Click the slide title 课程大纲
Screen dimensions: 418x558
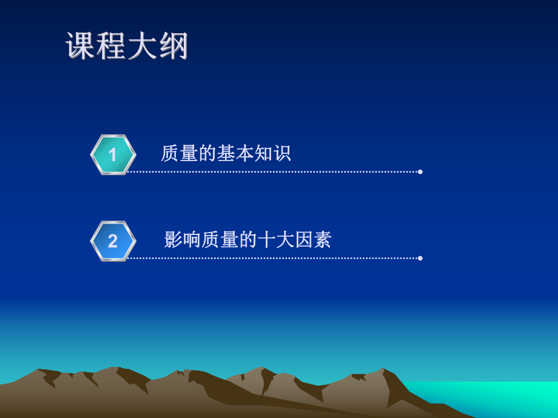127,46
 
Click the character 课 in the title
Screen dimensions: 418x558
81,46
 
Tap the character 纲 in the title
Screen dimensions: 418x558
173,46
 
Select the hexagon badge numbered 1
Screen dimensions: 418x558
113,155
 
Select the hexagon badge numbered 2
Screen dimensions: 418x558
113,241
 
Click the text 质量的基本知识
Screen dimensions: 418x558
226,153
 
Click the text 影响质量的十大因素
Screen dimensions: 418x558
247,240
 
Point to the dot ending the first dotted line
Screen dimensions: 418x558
420,172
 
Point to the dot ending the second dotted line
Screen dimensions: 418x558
420,258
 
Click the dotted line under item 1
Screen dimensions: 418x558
273,172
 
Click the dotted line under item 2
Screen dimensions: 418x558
273,258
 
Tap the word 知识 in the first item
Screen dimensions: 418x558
272,153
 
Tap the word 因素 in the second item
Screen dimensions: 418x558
313,240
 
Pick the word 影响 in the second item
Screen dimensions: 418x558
183,240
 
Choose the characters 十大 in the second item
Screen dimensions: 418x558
276,240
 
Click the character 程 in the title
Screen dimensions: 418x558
112,46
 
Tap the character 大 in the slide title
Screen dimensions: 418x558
143,46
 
